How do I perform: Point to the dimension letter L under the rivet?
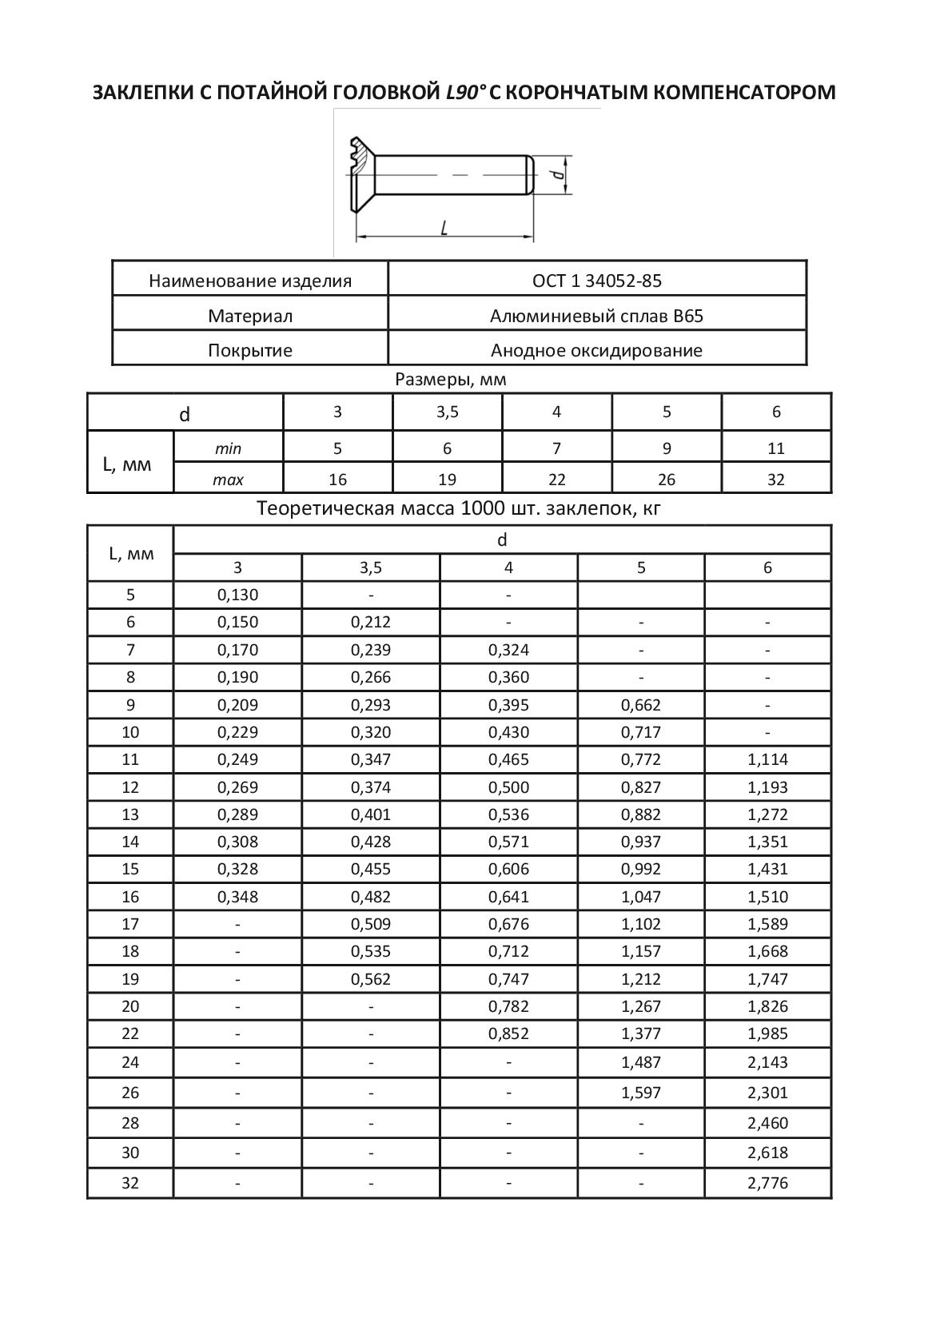(444, 228)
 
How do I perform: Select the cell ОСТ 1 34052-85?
(596, 281)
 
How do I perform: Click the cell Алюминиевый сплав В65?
(596, 316)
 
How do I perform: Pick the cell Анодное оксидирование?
(596, 350)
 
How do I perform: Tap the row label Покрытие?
(250, 350)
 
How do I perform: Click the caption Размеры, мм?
(451, 380)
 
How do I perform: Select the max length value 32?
(775, 480)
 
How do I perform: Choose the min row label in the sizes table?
(228, 448)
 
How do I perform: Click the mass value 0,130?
(237, 595)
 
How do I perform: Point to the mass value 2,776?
(767, 1183)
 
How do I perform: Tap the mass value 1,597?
(641, 1093)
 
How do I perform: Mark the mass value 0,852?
(508, 1033)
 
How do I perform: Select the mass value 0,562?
(371, 979)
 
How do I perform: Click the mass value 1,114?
(767, 759)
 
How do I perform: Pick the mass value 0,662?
(641, 705)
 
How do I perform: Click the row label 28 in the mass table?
(130, 1123)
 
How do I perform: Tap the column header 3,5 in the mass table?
(371, 567)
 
